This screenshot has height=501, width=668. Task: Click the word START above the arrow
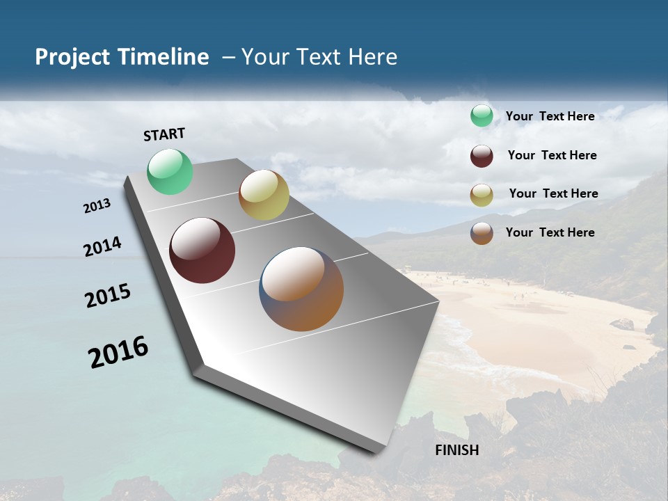[164, 134]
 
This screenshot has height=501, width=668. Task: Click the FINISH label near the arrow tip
[457, 450]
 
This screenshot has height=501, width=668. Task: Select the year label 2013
[97, 206]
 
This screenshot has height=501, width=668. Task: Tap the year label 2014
[103, 247]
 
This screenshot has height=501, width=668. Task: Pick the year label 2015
[108, 296]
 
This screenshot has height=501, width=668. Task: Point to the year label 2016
[118, 351]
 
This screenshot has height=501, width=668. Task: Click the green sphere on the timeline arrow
[170, 172]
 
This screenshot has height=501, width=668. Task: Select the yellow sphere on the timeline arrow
[264, 195]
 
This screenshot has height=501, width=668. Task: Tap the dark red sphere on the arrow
[202, 250]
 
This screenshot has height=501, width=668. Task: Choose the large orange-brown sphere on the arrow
[301, 289]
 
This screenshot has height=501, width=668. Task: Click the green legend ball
[482, 116]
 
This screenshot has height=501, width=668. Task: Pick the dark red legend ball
[482, 156]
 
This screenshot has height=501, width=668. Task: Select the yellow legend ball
[482, 195]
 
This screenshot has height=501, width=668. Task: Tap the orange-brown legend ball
[482, 233]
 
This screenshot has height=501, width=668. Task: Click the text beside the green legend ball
[550, 116]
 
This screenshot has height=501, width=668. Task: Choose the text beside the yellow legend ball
[553, 193]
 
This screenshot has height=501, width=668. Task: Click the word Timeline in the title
[164, 57]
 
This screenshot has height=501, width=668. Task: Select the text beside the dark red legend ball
[552, 155]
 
